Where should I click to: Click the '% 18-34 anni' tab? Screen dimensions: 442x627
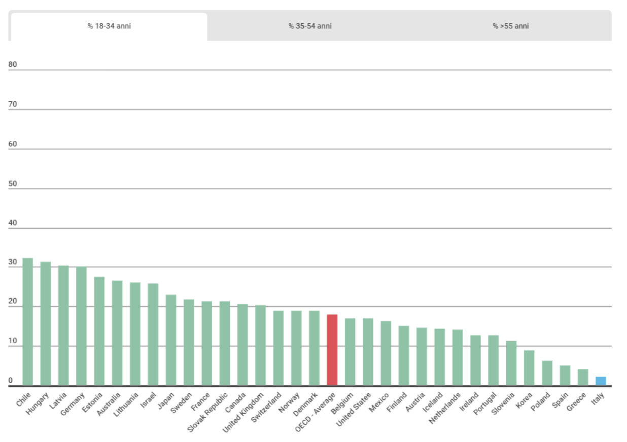click(109, 26)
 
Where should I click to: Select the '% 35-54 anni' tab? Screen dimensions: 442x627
click(310, 26)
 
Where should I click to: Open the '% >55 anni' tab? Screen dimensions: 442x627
click(510, 26)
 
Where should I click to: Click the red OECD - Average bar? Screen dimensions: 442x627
click(332, 350)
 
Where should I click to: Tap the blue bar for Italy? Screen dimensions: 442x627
click(601, 381)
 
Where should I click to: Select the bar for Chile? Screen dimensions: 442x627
click(27, 322)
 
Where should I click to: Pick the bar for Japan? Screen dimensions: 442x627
click(171, 340)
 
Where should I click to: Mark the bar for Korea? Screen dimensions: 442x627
click(529, 368)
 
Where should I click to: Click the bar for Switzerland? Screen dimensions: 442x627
click(278, 348)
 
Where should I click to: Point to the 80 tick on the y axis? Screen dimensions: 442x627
click(13, 64)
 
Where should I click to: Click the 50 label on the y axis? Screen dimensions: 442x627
click(13, 183)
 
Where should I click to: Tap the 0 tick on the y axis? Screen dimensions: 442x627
click(11, 381)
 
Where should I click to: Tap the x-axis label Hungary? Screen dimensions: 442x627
click(38, 404)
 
